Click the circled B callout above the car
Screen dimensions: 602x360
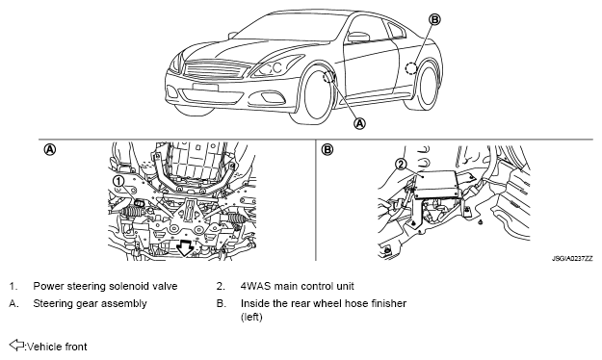[x=434, y=19]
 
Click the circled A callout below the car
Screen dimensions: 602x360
[x=359, y=123]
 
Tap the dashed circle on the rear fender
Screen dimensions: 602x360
[x=411, y=68]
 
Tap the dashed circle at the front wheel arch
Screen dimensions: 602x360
[x=328, y=77]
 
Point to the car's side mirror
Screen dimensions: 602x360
[x=357, y=37]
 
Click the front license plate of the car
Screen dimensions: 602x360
[x=205, y=88]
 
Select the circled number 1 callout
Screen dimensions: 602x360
[x=118, y=181]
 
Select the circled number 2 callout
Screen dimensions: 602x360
[x=401, y=165]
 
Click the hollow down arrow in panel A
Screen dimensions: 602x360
[x=186, y=248]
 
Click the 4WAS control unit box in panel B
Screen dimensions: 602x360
[x=437, y=184]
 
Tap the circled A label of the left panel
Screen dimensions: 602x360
[x=50, y=149]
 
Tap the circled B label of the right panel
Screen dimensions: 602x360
[x=327, y=149]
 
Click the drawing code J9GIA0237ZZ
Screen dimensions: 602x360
[x=572, y=259]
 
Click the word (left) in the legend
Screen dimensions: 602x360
[x=251, y=317]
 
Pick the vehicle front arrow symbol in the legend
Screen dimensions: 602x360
[x=16, y=345]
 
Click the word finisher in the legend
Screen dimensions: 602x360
[x=388, y=303]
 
